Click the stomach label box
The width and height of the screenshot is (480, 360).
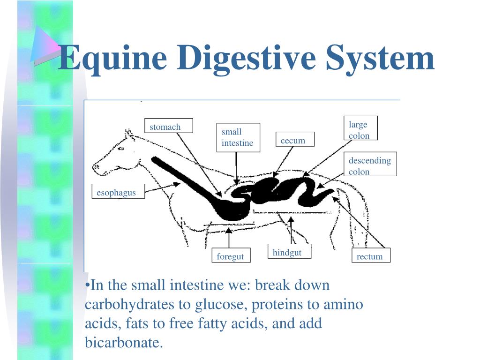point(168,126)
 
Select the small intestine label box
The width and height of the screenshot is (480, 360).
point(238,137)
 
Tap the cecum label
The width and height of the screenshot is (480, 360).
point(294,140)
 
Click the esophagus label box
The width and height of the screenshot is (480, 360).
point(117,192)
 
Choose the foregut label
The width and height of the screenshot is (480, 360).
point(230,256)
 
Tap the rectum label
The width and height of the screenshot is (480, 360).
point(371,255)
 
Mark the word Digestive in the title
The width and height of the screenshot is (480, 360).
point(246,58)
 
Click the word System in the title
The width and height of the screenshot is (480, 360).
point(380,58)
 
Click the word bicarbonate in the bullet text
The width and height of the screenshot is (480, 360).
point(123,342)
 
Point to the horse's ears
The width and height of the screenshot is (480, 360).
point(127,134)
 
